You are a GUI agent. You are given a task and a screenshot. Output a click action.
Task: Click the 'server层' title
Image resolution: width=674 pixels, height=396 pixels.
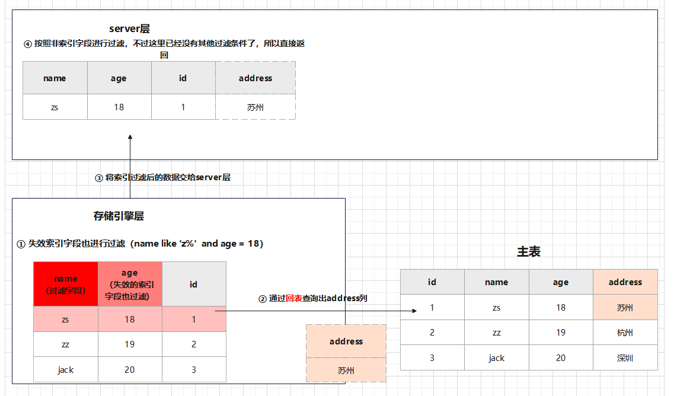point(129,29)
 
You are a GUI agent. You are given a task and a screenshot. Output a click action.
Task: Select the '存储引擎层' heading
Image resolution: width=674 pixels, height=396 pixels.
point(119,216)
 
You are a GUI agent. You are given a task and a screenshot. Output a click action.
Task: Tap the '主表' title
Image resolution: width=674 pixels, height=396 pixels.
point(529,252)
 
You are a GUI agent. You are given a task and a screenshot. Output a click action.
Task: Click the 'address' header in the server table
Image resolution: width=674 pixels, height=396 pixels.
point(255,78)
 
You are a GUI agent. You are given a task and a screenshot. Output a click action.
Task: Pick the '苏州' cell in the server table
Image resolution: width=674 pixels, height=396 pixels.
point(255,107)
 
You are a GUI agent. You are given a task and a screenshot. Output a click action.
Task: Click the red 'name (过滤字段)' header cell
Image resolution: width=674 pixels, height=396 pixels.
point(65,285)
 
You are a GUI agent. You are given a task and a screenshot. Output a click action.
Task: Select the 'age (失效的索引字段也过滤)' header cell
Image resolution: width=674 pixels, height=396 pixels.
point(129,285)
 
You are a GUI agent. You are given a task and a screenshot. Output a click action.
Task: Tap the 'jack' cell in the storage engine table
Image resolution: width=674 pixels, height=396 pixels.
point(65,370)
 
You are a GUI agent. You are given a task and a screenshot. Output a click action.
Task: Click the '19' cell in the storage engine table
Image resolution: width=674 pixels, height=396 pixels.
point(129,344)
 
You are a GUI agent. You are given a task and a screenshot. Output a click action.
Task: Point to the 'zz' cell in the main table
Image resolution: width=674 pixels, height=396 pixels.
point(496,333)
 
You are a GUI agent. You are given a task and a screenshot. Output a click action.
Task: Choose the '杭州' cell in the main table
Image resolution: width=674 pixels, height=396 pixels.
point(625,333)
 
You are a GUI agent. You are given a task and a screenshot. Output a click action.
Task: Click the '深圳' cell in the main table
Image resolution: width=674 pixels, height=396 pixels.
point(625,358)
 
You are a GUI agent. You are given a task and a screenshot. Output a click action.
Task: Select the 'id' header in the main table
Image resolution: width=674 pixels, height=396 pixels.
point(432,282)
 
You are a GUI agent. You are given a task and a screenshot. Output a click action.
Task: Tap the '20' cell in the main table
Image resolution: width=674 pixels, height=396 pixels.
point(560,358)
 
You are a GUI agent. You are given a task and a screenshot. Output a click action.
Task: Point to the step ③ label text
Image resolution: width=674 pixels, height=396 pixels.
point(163,178)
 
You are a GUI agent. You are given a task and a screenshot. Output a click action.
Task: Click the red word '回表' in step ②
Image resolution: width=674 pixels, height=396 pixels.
point(294,299)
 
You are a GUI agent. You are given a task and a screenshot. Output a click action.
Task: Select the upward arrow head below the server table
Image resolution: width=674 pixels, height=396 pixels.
point(130,138)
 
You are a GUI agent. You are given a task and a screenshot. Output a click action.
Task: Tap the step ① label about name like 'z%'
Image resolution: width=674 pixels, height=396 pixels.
point(140,244)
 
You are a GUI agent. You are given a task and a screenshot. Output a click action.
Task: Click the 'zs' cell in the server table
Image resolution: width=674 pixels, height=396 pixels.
point(55,107)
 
